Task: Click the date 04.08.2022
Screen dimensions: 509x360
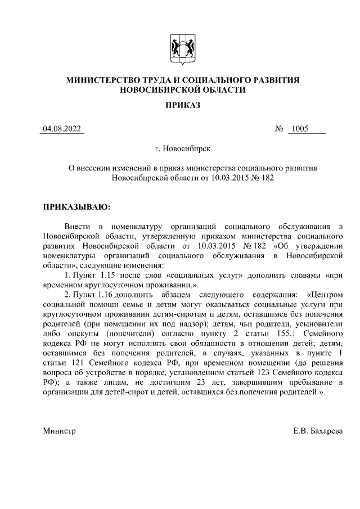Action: pos(63,129)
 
